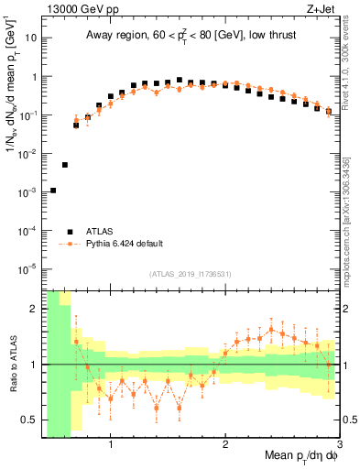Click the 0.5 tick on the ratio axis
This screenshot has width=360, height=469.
pyautogui.click(x=31, y=420)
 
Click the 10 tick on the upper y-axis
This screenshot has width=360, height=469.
pyautogui.click(x=30, y=38)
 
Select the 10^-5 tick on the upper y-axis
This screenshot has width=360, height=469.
pyautogui.click(x=28, y=268)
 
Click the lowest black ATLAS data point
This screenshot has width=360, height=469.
pyautogui.click(x=53, y=191)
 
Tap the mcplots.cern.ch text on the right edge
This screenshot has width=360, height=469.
pyautogui.click(x=351, y=220)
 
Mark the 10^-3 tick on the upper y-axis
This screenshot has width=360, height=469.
pyautogui.click(x=28, y=192)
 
